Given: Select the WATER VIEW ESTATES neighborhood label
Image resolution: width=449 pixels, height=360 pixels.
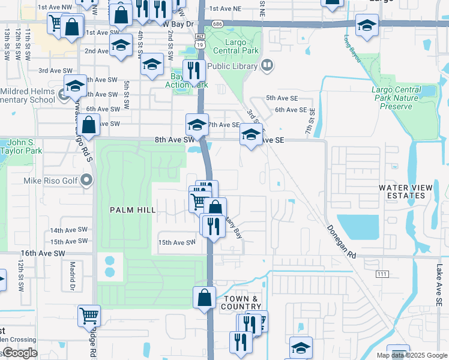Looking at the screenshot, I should (406, 192).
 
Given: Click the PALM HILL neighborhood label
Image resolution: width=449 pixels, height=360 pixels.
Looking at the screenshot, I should (133, 210).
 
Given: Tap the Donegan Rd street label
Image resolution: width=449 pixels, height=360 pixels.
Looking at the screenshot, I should (342, 242).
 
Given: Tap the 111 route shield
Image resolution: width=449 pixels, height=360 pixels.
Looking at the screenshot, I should (381, 274).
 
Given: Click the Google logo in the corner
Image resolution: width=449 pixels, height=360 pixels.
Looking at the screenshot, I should (20, 353).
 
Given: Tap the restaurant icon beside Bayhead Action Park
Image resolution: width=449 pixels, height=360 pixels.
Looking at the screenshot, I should (194, 71).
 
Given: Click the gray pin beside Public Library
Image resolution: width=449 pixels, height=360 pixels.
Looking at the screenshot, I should (267, 65).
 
